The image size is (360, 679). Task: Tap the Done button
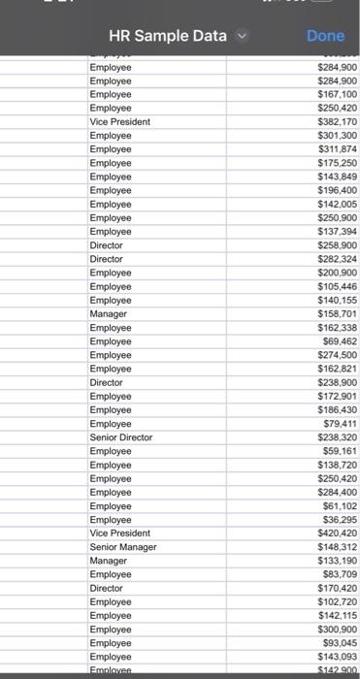[x=325, y=36]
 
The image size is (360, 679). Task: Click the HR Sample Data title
[x=167, y=36]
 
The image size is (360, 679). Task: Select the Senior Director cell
[x=121, y=437]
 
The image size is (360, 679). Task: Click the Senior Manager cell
[x=120, y=547]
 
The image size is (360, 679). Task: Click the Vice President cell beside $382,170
[x=119, y=123]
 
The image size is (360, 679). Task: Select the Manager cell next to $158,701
[x=108, y=314]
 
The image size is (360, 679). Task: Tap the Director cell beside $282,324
[x=107, y=260]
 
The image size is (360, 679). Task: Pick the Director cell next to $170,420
[x=107, y=588]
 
